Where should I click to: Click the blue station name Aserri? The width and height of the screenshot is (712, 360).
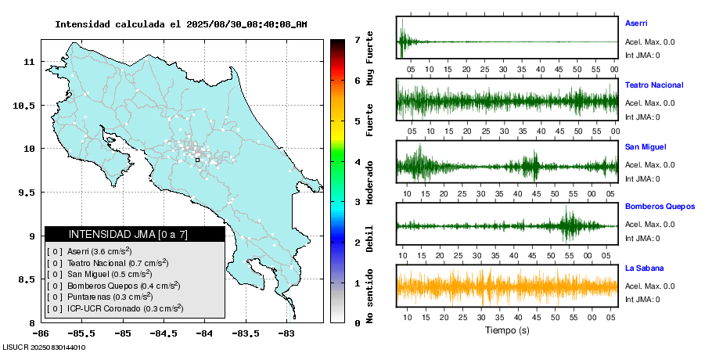tap(636, 23)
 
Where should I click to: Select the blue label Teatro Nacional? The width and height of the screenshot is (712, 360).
tap(654, 85)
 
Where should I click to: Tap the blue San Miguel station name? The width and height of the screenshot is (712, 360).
tap(644, 146)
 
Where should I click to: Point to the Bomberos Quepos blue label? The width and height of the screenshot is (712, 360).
tap(660, 207)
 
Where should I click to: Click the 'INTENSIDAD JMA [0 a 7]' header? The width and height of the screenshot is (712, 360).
tap(135, 234)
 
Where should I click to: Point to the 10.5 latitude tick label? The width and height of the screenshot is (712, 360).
tap(26, 105)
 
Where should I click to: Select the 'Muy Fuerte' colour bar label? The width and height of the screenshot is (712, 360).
tap(370, 57)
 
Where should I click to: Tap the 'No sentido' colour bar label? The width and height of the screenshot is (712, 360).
tap(370, 299)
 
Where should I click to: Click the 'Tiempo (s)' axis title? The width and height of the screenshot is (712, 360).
tap(507, 330)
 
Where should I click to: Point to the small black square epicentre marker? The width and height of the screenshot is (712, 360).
tap(197, 160)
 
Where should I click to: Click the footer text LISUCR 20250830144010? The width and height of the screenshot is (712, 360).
tap(44, 347)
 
